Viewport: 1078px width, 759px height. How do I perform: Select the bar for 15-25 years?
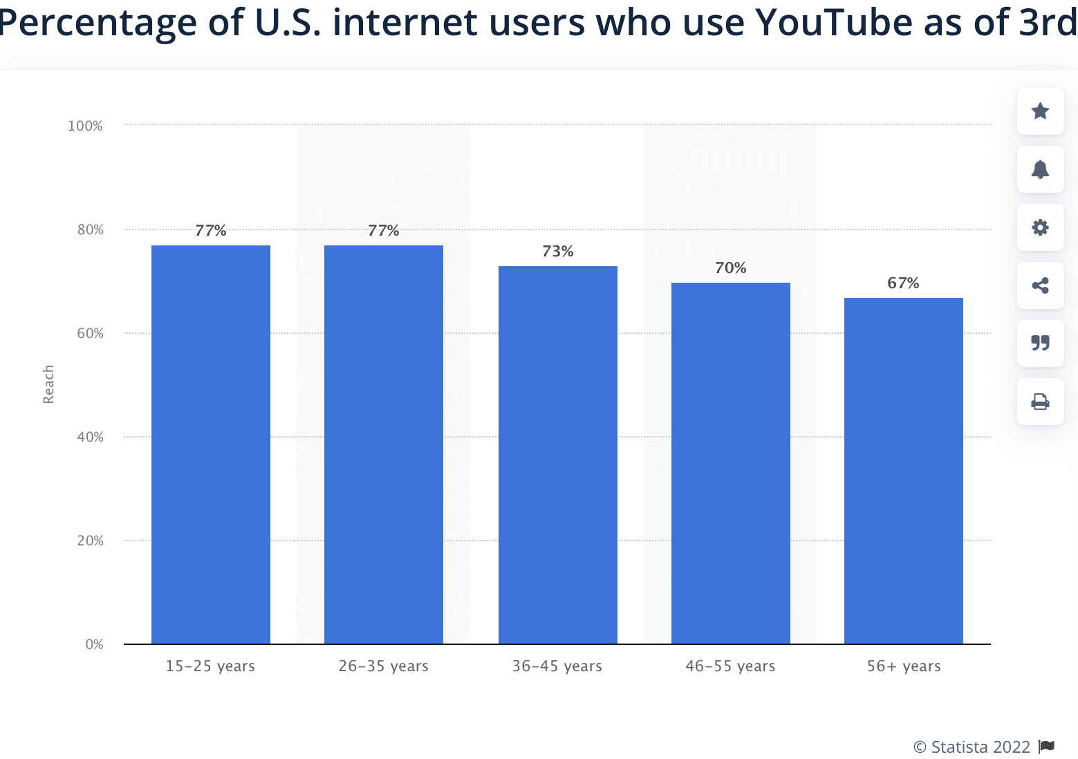(x=211, y=444)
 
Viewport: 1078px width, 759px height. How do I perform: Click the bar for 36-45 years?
(x=557, y=455)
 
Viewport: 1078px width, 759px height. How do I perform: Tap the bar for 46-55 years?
(x=730, y=463)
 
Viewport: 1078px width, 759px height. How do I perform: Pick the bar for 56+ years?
(x=903, y=471)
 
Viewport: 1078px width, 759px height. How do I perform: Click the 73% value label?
(x=557, y=252)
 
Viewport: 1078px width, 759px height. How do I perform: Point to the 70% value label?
(x=730, y=268)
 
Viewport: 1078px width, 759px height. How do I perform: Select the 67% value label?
(x=903, y=283)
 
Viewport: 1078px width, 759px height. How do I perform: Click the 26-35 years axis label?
(x=383, y=666)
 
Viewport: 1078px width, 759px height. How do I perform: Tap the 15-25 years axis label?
(x=210, y=666)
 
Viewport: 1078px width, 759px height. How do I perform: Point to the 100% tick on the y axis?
(x=85, y=126)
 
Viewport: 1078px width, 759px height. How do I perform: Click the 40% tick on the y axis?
(x=90, y=437)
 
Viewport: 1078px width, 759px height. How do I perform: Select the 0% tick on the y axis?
(x=94, y=644)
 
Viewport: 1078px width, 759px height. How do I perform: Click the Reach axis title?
(x=48, y=384)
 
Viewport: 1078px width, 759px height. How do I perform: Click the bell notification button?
(x=1040, y=169)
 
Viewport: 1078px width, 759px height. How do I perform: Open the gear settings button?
(x=1040, y=227)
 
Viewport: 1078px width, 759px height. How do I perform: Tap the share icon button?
(x=1040, y=285)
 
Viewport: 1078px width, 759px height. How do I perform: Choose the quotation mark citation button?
(x=1040, y=344)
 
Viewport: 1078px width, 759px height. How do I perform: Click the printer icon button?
(x=1040, y=402)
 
